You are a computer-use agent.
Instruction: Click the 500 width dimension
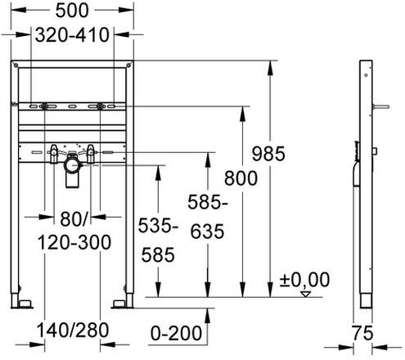(x=72, y=11)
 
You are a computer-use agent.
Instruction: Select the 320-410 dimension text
(x=72, y=35)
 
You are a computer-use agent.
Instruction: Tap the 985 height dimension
(x=268, y=154)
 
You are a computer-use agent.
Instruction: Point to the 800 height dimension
(x=241, y=178)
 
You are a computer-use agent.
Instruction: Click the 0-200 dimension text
(x=176, y=333)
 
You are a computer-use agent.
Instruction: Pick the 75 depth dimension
(x=362, y=333)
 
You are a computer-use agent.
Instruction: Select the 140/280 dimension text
(x=73, y=330)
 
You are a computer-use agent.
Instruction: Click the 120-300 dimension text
(x=74, y=242)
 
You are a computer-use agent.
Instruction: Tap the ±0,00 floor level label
(x=304, y=280)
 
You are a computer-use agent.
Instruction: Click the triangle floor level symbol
(x=306, y=294)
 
